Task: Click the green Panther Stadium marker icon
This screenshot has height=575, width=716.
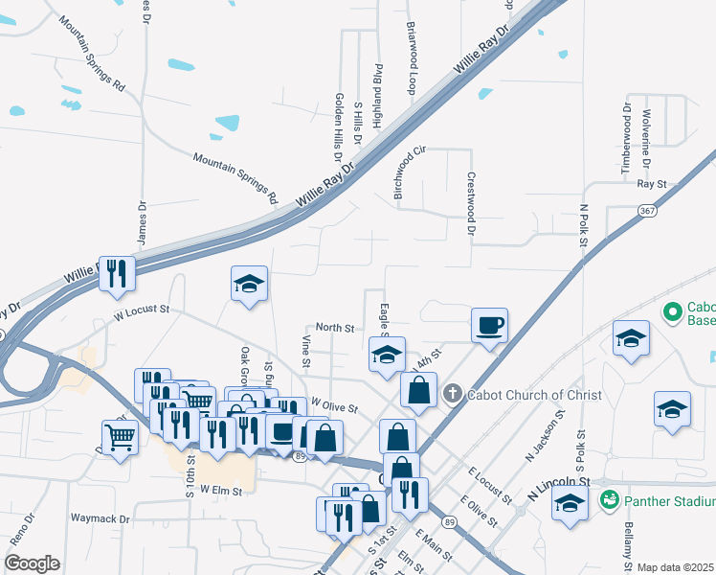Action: [608, 500]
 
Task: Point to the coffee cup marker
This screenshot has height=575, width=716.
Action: [489, 326]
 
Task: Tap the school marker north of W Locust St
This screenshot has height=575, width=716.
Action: [249, 285]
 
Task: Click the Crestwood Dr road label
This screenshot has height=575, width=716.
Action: [470, 203]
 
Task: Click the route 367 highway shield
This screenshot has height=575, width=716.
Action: [648, 212]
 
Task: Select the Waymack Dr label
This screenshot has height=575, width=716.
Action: [101, 517]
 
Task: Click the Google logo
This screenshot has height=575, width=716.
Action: [32, 563]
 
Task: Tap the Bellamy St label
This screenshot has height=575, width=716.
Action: [629, 542]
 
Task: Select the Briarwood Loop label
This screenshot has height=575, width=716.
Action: [413, 58]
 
